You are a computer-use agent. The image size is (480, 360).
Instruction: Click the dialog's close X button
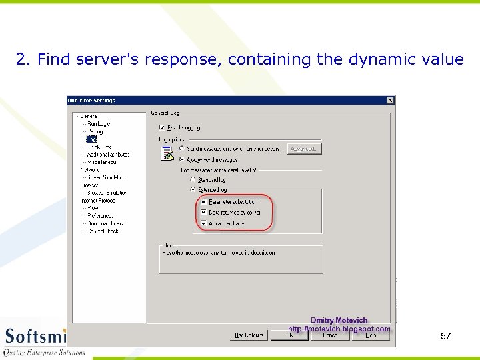(x=390, y=101)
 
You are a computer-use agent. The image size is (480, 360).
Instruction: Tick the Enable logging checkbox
(x=162, y=127)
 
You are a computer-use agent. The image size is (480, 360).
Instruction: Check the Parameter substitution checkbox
(x=204, y=201)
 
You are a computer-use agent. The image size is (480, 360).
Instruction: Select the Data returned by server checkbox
(x=204, y=212)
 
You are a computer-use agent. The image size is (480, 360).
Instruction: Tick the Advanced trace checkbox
(x=204, y=223)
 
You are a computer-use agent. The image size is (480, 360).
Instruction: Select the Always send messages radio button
(x=181, y=159)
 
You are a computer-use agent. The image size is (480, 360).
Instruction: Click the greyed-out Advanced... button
(x=305, y=149)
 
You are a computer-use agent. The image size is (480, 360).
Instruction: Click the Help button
(x=371, y=335)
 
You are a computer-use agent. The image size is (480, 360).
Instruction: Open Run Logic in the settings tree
(x=99, y=124)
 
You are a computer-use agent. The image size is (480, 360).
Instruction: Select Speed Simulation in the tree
(x=107, y=177)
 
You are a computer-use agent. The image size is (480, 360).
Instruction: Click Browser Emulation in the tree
(x=107, y=193)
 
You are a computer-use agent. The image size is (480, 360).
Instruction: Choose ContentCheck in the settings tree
(x=103, y=231)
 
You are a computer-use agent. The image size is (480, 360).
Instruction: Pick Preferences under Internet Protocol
(x=101, y=215)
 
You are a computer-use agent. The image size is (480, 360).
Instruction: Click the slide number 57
(x=446, y=336)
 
